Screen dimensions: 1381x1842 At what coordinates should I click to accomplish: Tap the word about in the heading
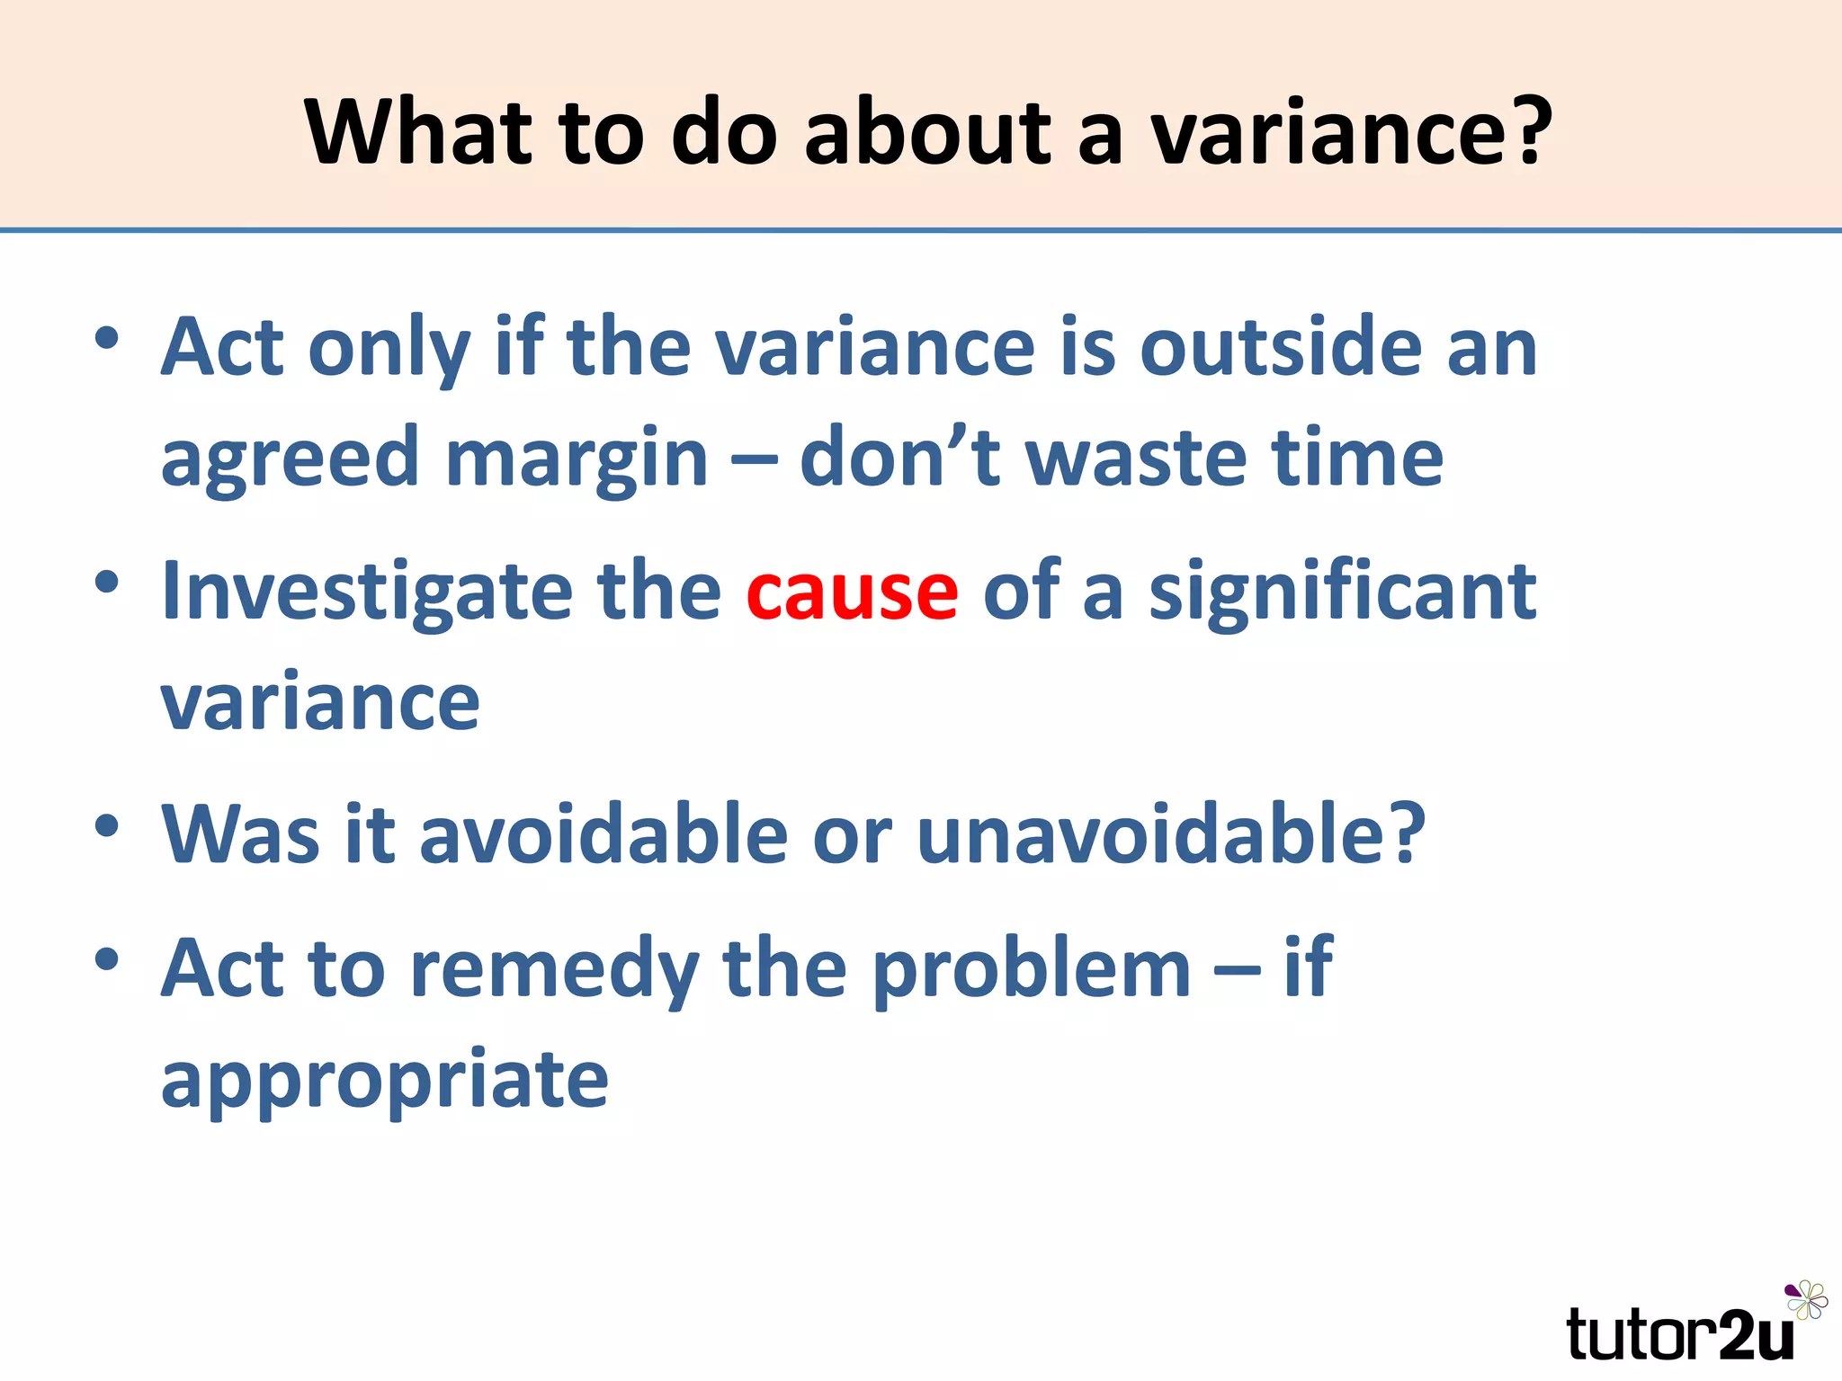(x=927, y=133)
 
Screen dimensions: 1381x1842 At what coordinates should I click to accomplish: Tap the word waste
(x=1136, y=459)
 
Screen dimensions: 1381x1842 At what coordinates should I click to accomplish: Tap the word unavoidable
(x=1170, y=834)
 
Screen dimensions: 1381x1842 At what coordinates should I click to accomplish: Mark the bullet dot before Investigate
(x=107, y=582)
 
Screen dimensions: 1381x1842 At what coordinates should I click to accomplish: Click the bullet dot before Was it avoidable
(x=107, y=824)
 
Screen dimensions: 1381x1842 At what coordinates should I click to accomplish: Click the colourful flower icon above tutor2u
(x=1806, y=1299)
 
